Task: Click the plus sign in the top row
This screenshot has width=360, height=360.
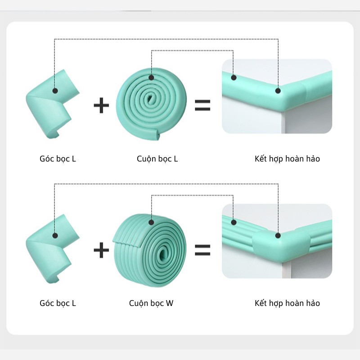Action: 101,105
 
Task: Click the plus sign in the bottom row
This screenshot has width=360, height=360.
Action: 101,250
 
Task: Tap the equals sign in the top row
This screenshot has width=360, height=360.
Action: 202,105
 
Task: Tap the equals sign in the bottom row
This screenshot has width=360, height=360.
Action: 202,250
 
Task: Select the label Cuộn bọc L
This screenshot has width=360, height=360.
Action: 157,159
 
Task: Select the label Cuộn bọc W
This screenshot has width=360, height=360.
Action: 151,303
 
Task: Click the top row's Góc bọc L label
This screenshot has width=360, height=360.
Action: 58,159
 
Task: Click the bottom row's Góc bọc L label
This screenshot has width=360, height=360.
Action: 58,303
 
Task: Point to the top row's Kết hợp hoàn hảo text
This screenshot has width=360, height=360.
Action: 287,159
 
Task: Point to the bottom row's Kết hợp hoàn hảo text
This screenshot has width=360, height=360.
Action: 287,303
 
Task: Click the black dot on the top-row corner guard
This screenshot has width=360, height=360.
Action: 55,91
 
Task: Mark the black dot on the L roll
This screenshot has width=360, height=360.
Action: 151,77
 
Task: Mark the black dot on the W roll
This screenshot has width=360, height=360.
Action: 151,222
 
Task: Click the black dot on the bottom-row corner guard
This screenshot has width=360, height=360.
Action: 55,235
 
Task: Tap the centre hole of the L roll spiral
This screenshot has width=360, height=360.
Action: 150,99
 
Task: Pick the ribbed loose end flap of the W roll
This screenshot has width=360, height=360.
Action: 126,243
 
